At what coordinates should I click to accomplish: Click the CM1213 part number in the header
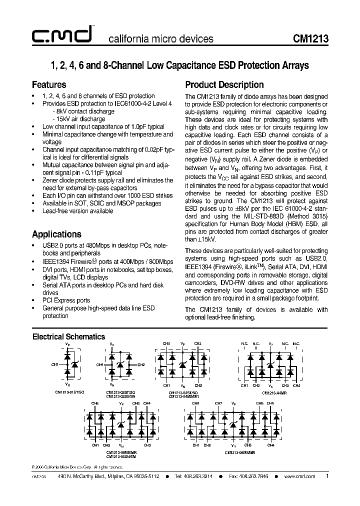[x=310, y=39]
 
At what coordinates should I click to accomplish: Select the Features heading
[x=49, y=84]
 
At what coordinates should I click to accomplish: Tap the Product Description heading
[x=224, y=84]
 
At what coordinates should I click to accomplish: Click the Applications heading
[x=56, y=234]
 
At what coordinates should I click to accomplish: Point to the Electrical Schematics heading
[x=68, y=336]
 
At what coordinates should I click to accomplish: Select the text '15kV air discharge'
[x=78, y=119]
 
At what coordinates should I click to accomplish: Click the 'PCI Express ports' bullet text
[x=66, y=300]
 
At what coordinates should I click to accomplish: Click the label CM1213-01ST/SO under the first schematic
[x=69, y=392]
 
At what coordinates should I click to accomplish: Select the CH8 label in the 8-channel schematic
[x=195, y=403]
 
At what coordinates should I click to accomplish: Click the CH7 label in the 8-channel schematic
[x=218, y=403]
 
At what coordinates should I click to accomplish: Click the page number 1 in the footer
[x=327, y=476]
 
